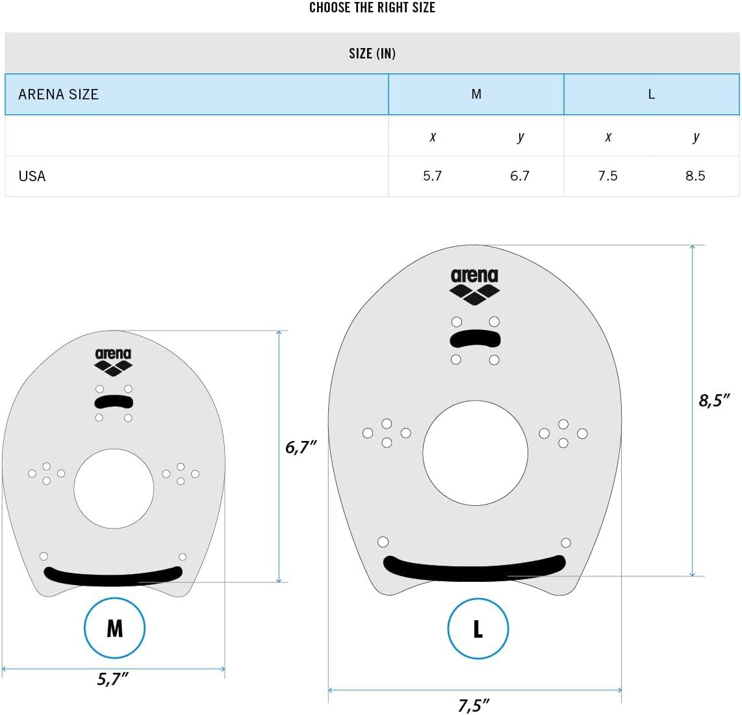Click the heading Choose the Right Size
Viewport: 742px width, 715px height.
pos(372,8)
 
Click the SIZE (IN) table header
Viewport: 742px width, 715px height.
pos(372,53)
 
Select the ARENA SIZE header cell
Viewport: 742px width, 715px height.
pos(58,94)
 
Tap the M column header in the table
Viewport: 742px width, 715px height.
pos(476,94)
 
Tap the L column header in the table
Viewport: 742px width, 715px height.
pos(651,94)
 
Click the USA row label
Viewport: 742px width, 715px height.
pos(32,176)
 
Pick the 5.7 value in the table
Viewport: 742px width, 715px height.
pos(432,176)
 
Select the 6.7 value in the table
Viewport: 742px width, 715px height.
pos(520,176)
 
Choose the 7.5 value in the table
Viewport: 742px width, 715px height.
pos(608,176)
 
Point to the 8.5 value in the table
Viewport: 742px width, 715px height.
pos(695,176)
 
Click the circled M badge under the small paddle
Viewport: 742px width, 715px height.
pos(114,628)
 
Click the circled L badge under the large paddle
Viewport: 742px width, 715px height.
pos(478,629)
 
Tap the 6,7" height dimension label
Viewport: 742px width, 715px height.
pos(301,447)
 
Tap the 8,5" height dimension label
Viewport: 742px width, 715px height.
pos(719,400)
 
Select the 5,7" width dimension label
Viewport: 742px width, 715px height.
pos(113,679)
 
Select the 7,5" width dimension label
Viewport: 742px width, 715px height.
pos(474,705)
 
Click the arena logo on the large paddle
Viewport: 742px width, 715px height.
pos(474,286)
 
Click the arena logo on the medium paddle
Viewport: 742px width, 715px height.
pos(113,362)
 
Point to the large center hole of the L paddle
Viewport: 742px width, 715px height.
pos(475,453)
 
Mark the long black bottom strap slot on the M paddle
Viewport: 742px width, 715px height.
pos(113,575)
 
